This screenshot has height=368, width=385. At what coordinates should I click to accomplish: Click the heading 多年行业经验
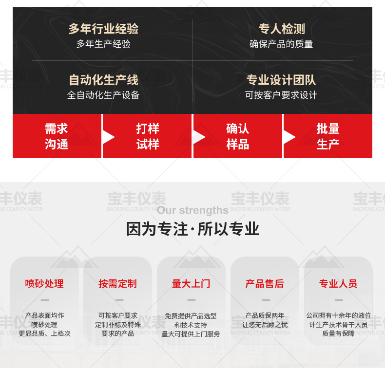[x=103, y=29]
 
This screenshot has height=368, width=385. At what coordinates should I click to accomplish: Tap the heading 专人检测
[x=282, y=29]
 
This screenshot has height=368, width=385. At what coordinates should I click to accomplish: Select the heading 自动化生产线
[x=103, y=80]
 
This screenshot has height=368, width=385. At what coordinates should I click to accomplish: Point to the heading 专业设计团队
[x=281, y=80]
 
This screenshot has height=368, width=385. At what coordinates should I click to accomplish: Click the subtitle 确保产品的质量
[x=281, y=44]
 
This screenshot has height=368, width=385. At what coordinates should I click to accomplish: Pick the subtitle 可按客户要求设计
[x=281, y=95]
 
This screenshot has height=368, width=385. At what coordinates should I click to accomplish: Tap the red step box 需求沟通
[x=57, y=136]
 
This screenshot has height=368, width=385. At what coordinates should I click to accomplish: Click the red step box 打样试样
[x=147, y=136]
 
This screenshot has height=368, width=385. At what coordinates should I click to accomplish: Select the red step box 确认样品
[x=238, y=136]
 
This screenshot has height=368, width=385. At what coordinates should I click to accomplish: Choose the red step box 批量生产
[x=328, y=136]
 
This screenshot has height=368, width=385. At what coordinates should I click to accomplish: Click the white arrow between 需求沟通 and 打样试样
[x=108, y=137]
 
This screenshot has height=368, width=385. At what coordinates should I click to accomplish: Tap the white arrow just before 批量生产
[x=289, y=137]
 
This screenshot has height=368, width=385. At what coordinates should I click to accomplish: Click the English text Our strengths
[x=193, y=210]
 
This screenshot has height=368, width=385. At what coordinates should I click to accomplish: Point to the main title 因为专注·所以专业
[x=193, y=229]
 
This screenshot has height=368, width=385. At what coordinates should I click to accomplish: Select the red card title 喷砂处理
[x=44, y=284]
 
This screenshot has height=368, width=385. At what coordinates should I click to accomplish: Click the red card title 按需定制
[x=117, y=284]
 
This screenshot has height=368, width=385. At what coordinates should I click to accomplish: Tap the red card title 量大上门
[x=191, y=284]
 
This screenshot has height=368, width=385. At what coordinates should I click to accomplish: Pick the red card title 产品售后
[x=265, y=284]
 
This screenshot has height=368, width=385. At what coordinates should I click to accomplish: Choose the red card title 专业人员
[x=338, y=284]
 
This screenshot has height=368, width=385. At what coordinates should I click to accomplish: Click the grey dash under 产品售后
[x=266, y=300]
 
